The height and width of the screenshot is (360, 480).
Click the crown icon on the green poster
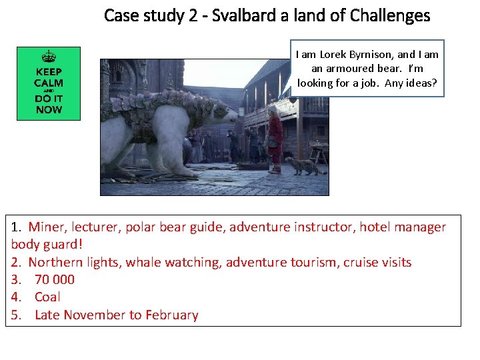(49, 57)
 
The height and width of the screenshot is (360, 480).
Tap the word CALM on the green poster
(49, 83)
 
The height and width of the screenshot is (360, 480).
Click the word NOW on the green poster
(49, 109)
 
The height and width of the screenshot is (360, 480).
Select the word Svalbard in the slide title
(234, 15)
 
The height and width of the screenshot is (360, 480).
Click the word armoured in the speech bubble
(348, 69)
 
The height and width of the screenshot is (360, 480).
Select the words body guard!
(47, 245)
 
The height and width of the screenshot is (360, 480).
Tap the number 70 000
(55, 279)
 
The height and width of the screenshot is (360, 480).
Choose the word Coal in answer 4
(47, 297)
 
